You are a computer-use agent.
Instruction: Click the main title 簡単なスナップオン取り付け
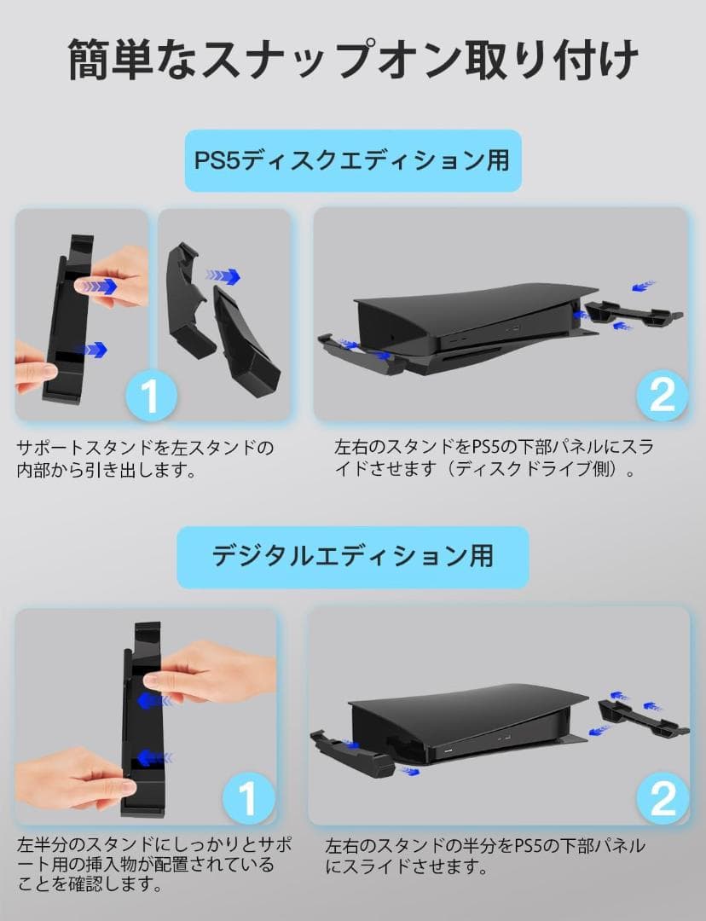(x=353, y=59)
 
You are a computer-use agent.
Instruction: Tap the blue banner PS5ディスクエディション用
(x=353, y=160)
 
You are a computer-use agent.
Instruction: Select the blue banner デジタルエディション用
(x=353, y=557)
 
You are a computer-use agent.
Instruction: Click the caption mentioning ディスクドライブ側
(x=494, y=459)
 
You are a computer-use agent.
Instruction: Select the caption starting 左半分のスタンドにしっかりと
(x=154, y=864)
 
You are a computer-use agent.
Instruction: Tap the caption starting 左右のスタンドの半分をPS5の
(x=485, y=856)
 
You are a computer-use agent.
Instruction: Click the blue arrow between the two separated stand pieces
(x=223, y=276)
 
